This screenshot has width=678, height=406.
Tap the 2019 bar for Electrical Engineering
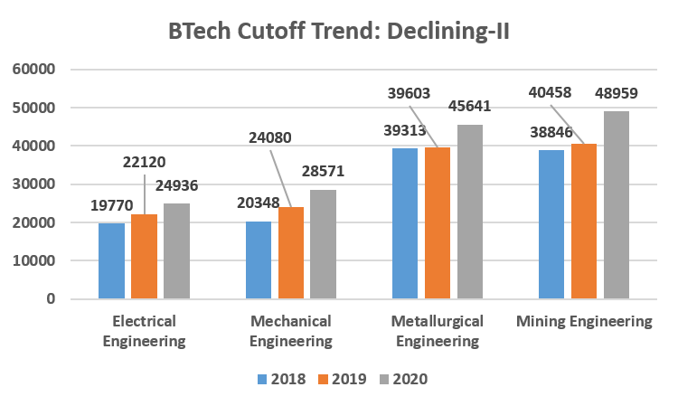coord(144,256)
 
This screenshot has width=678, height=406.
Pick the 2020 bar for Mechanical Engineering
coord(323,244)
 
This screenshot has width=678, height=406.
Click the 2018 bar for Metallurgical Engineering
coord(405,223)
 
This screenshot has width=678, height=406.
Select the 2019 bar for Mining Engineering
coord(583,222)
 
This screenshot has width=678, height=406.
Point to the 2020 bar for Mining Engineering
coord(616,205)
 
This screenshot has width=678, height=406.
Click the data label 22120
coord(144,161)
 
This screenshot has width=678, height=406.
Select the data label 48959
coord(617,93)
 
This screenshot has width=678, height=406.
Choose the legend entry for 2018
coord(281,380)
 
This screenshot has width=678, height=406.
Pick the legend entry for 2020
coord(401,380)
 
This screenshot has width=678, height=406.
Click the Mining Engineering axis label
coord(584,322)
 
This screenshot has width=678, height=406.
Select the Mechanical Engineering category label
coord(290,331)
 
